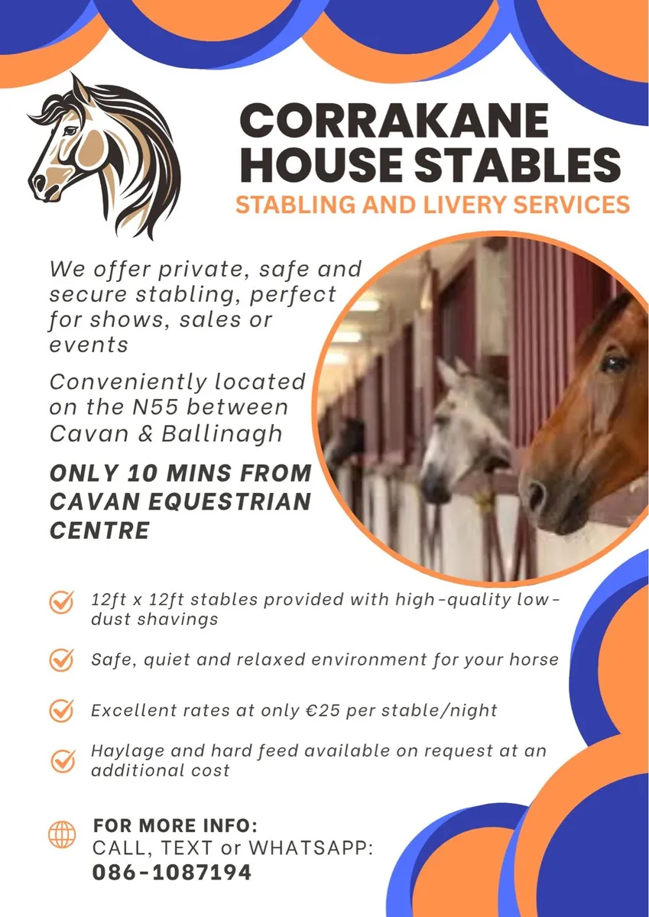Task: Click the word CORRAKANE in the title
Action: (x=394, y=122)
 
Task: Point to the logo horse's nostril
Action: (x=37, y=183)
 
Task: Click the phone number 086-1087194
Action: (x=171, y=872)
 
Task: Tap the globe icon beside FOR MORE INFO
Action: (x=62, y=834)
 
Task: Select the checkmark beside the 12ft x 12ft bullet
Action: (x=61, y=603)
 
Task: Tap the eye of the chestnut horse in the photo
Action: (x=615, y=362)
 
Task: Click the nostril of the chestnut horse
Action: (x=536, y=494)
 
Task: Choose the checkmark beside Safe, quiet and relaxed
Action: (x=61, y=659)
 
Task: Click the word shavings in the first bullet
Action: (x=177, y=619)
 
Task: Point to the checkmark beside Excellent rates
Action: (x=61, y=711)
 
